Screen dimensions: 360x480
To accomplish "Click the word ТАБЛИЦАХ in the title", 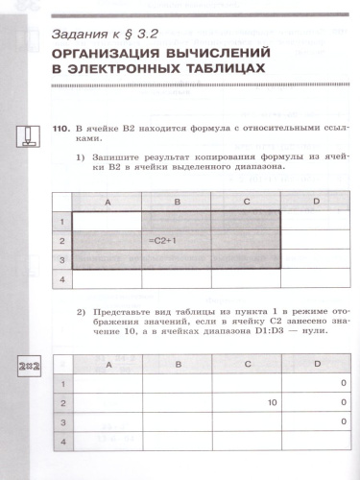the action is coord(195,71).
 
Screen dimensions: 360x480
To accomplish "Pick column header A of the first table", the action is coord(107,202).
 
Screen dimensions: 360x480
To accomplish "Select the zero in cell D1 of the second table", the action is coord(342,384).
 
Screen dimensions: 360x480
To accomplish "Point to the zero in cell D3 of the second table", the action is coord(342,421).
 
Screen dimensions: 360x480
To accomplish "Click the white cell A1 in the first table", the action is coord(107,220).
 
